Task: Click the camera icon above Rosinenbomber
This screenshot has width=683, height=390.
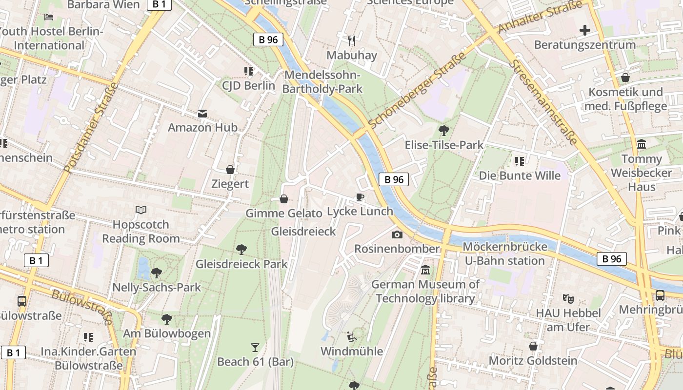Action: (397, 234)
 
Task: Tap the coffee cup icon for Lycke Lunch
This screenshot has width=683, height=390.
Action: (360, 197)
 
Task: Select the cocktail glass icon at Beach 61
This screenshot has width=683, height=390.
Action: (255, 347)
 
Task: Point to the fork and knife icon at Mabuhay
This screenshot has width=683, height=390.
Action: (351, 40)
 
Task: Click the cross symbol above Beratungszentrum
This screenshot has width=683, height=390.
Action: (584, 30)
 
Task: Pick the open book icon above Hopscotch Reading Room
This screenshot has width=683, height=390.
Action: (141, 210)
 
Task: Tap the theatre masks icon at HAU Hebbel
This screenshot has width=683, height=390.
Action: (567, 298)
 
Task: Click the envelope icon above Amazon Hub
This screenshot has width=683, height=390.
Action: (202, 114)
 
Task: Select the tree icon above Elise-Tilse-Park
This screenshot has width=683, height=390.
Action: (443, 130)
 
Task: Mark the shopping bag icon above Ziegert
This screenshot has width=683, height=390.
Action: (230, 170)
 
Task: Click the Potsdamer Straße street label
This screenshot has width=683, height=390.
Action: (91, 128)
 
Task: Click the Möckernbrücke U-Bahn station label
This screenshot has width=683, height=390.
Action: (504, 253)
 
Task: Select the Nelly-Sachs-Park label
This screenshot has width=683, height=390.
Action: (157, 287)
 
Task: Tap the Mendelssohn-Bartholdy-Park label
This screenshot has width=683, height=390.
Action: (322, 82)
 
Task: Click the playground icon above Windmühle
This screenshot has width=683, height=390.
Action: (351, 337)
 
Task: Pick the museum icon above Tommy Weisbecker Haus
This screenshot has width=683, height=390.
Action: (642, 144)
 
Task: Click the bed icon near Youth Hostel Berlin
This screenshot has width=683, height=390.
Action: (49, 17)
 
